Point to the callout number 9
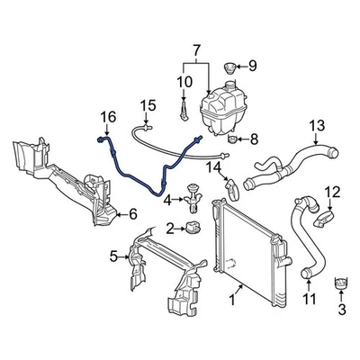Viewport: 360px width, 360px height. pos(253,65)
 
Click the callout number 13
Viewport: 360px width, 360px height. pos(317,125)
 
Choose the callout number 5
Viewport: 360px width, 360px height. pos(114,256)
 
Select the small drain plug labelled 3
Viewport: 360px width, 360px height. pos(341,284)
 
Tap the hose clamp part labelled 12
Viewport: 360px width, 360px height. pos(323,218)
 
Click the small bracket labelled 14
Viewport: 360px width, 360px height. pos(233,188)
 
